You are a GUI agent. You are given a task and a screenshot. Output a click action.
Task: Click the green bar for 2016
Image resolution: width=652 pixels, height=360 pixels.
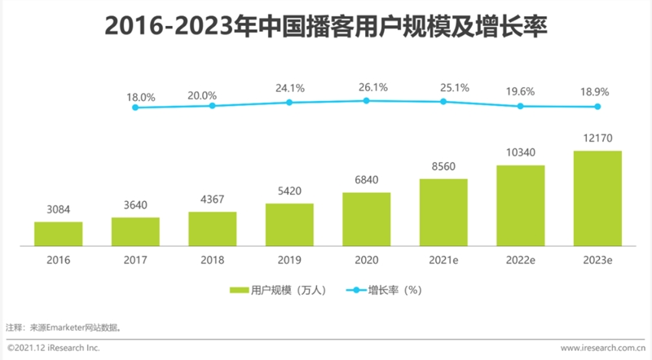click(58, 233)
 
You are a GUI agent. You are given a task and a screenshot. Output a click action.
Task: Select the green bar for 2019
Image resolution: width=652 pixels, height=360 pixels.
click(289, 224)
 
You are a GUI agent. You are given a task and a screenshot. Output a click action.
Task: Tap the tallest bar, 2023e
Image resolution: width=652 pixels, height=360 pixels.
click(597, 198)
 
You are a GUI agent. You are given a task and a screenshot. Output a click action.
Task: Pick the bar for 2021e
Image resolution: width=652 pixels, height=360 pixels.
click(443, 212)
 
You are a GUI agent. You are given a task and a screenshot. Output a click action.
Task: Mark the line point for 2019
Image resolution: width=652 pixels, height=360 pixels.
click(289, 103)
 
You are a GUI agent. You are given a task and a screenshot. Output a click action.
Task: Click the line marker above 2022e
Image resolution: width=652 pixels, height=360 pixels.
click(520, 106)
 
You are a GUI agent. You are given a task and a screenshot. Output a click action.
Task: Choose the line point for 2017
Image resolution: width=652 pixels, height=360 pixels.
click(135, 108)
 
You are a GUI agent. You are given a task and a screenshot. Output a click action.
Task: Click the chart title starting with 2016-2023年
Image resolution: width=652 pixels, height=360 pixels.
click(326, 28)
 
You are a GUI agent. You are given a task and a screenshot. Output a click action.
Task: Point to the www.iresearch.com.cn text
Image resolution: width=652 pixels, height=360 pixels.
click(597, 348)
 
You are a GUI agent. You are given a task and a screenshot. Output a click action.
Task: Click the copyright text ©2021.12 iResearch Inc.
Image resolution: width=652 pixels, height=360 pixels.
click(53, 348)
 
